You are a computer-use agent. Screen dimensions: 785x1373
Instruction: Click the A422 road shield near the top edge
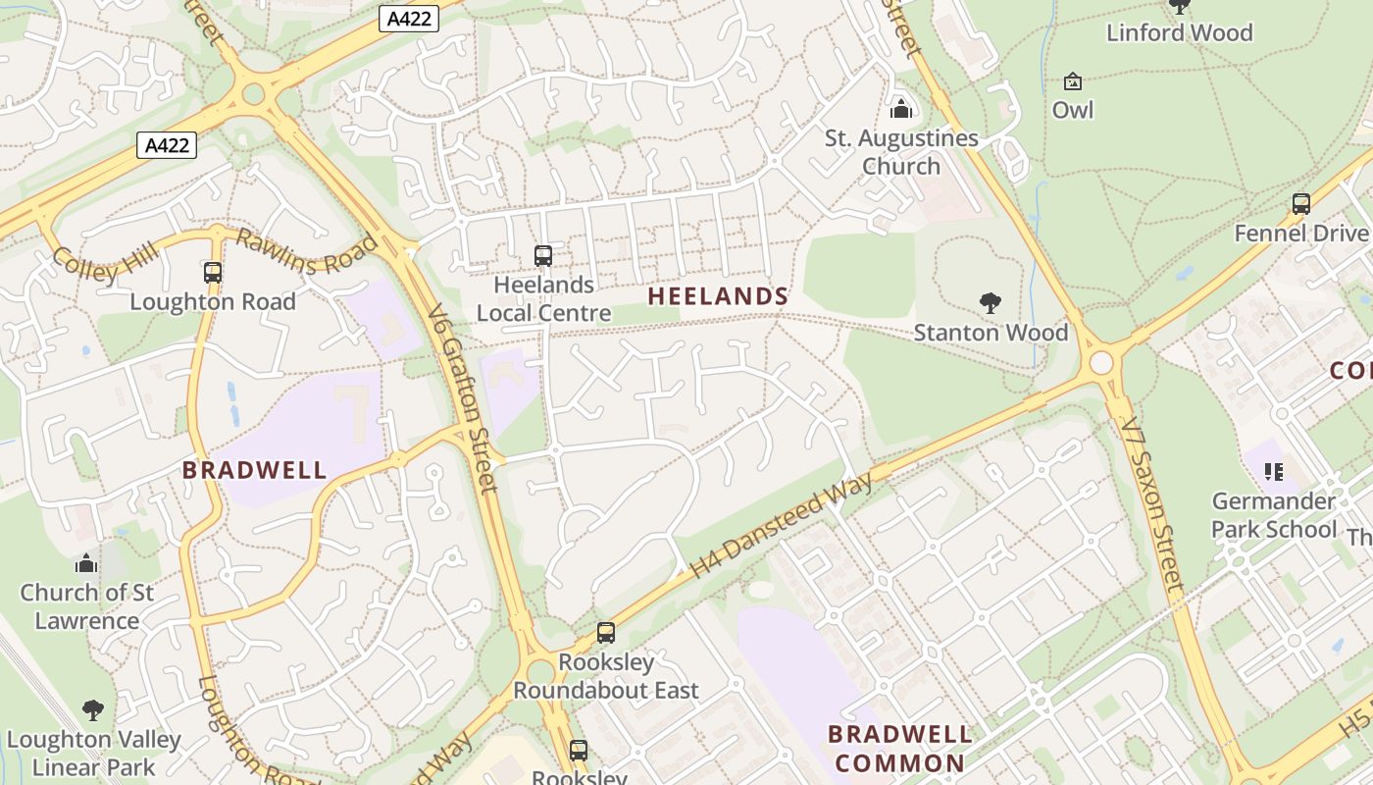(x=408, y=18)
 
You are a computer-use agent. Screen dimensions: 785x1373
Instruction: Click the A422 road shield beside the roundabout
(x=167, y=145)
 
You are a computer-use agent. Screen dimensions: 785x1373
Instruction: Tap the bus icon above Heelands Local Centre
(x=543, y=255)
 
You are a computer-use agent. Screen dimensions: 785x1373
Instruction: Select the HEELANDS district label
(x=718, y=296)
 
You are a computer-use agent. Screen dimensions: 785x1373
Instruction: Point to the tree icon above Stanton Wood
(x=990, y=303)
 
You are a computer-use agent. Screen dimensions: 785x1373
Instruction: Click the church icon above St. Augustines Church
(x=900, y=108)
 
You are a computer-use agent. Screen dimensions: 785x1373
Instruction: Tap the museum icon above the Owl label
(x=1072, y=80)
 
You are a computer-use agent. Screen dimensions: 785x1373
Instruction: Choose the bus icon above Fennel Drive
(x=1300, y=204)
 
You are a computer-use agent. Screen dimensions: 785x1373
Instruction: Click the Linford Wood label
(x=1179, y=32)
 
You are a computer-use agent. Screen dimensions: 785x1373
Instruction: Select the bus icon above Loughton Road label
(x=213, y=272)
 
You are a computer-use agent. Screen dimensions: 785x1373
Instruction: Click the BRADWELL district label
(x=255, y=469)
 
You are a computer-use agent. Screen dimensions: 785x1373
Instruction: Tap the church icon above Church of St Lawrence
(x=86, y=563)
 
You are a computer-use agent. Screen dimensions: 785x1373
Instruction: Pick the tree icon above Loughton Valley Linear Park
(x=93, y=709)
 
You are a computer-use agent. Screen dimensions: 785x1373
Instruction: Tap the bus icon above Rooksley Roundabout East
(x=606, y=633)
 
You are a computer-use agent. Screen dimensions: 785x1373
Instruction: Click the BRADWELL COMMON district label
(x=899, y=748)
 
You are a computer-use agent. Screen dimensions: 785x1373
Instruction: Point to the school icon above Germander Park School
(x=1274, y=472)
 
